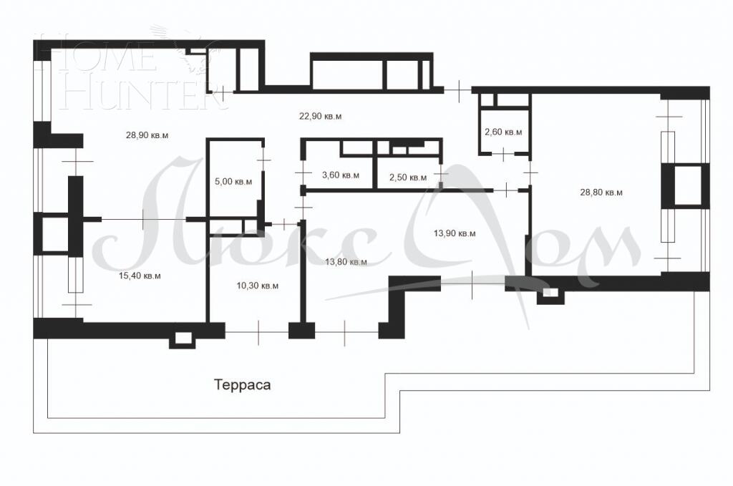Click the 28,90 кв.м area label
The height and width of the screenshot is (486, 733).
coord(147,135)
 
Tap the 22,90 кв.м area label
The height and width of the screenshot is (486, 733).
coord(320,116)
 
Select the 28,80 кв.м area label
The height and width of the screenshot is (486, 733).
coord(601,192)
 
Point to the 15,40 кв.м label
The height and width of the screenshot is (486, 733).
coord(140,276)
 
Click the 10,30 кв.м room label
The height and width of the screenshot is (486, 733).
coord(257,286)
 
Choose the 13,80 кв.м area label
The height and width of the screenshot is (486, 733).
coord(346,262)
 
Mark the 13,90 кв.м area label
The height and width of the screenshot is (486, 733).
coord(455,233)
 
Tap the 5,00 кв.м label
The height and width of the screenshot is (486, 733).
coord(233,181)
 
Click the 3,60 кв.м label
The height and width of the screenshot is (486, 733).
coord(340,175)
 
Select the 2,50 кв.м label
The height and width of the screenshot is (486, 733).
coord(407,178)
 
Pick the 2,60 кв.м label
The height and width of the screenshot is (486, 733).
coord(503,132)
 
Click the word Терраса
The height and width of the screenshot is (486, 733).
coord(242,385)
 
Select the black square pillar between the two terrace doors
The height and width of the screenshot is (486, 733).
coord(301,331)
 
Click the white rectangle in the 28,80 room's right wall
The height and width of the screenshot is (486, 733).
coord(688,185)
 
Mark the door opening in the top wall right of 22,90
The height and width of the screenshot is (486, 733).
coord(457,89)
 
